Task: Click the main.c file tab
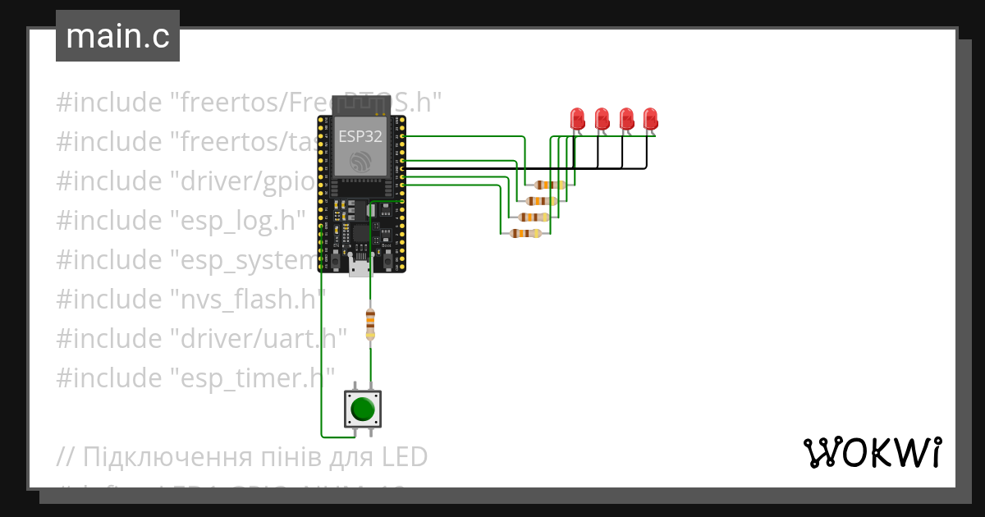117,37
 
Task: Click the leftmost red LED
577,119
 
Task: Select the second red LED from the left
602,119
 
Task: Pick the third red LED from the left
626,119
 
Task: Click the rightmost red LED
651,119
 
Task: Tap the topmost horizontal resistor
548,185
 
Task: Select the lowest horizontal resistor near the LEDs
525,233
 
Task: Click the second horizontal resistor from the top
541,200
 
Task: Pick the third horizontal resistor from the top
534,217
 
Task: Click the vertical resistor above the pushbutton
370,323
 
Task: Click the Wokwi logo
872,452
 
